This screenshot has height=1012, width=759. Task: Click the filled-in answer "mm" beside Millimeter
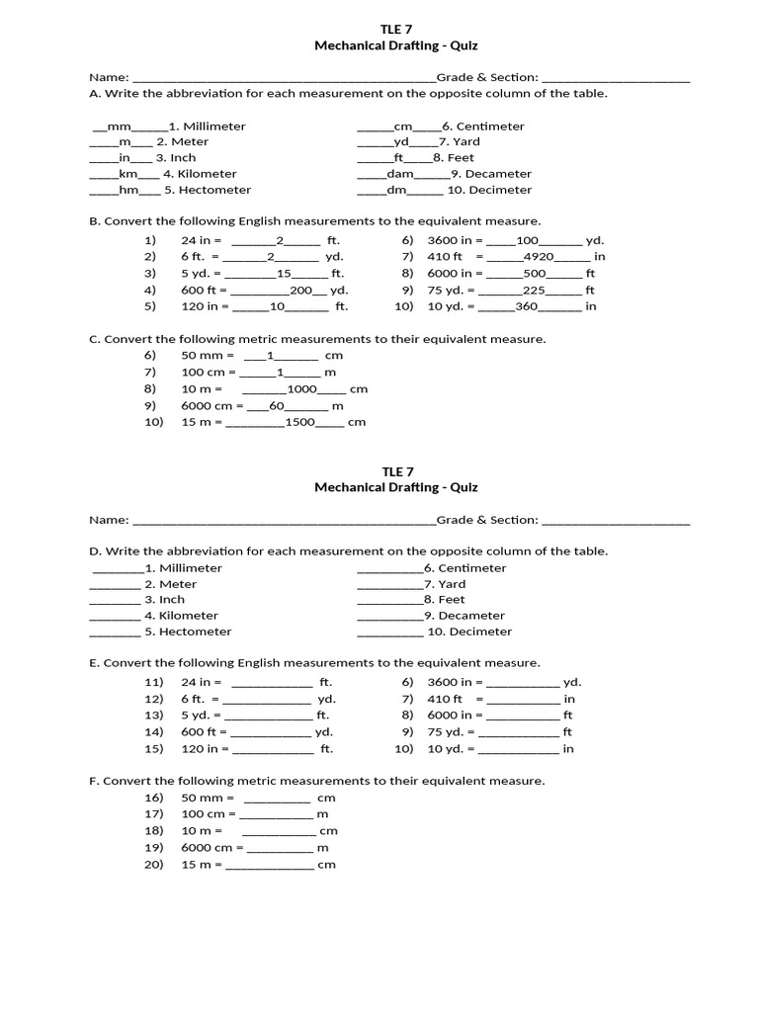[x=119, y=126]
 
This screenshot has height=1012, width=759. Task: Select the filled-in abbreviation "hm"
[x=127, y=190]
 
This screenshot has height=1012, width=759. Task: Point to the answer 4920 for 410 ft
[x=538, y=257]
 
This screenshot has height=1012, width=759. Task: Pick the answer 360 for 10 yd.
[x=526, y=306]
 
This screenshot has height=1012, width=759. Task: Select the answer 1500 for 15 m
[x=299, y=422]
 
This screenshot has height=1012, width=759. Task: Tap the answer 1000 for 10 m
[x=301, y=389]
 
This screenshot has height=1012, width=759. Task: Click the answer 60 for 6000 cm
[x=277, y=406]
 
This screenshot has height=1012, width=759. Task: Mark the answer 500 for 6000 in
[x=535, y=274]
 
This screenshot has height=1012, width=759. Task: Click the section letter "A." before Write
[x=95, y=94]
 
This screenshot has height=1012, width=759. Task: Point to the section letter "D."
[x=95, y=551]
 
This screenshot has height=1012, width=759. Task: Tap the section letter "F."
[x=94, y=781]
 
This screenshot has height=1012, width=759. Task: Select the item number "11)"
[x=153, y=683]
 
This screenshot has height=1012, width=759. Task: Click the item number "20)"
[x=153, y=865]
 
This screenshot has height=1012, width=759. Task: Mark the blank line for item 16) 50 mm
[x=277, y=800]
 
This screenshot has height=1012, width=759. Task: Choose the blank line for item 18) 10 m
[x=279, y=833]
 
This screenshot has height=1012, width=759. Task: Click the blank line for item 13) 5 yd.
[x=269, y=717]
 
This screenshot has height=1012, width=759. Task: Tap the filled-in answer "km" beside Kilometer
[x=128, y=174]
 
